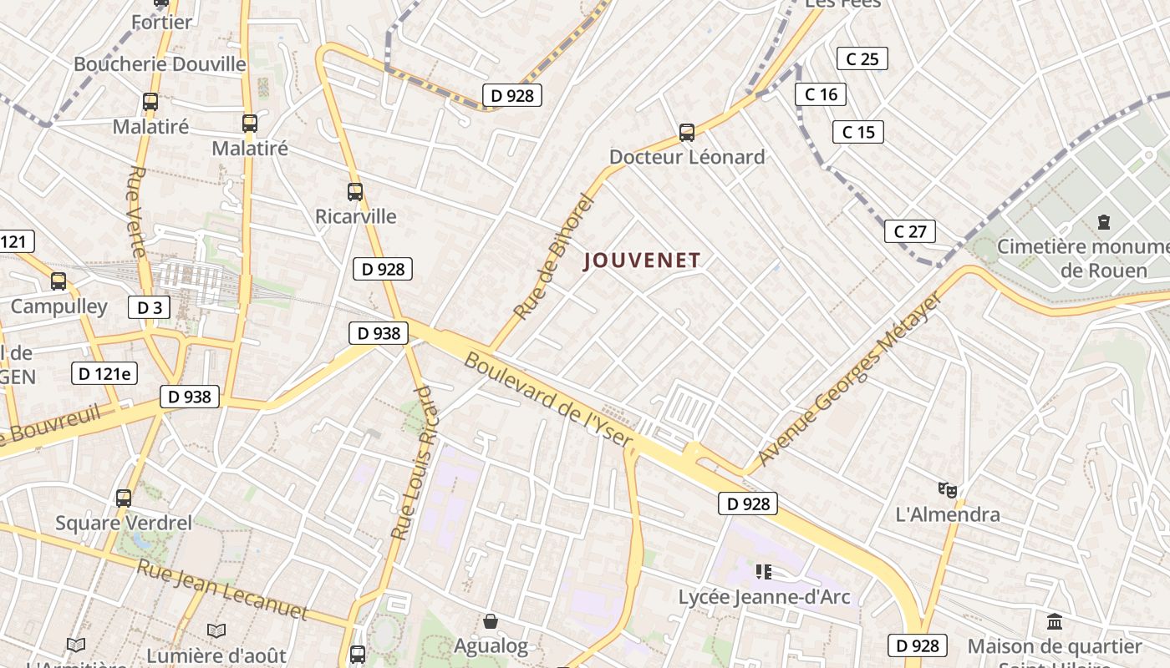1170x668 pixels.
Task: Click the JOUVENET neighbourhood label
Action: coord(642,261)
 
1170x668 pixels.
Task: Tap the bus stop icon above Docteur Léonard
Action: coord(687,132)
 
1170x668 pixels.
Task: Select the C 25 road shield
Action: coord(862,58)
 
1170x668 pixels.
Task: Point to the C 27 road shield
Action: coord(909,231)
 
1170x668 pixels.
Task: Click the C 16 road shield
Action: coord(821,94)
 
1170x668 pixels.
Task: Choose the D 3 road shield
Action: coord(149,307)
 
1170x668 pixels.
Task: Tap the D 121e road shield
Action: coord(104,373)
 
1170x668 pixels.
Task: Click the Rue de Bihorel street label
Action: coord(552,258)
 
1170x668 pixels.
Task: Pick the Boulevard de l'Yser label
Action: coord(548,399)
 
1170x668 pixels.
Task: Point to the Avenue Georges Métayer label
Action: coord(850,378)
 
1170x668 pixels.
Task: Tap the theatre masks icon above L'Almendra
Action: coord(947,489)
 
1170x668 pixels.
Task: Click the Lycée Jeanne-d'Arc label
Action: coord(764,597)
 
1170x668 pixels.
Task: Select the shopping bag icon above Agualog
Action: coord(491,621)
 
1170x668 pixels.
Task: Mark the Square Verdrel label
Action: coord(124,524)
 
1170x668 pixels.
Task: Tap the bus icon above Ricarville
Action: coord(355,192)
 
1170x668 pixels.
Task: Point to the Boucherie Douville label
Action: coord(160,64)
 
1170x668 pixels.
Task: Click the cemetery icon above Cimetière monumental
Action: coord(1104,222)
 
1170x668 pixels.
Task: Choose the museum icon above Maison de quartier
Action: coord(1054,622)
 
